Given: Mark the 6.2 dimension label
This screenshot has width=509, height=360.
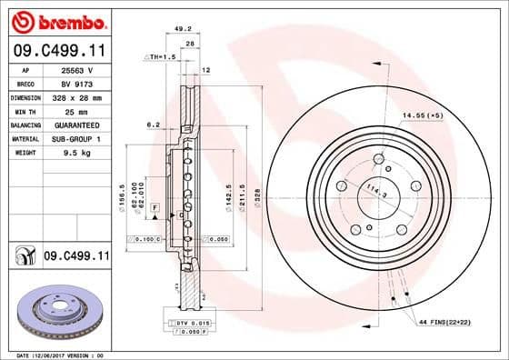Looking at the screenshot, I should (153, 125).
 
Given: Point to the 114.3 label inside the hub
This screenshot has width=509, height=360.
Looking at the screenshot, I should (372, 191).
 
